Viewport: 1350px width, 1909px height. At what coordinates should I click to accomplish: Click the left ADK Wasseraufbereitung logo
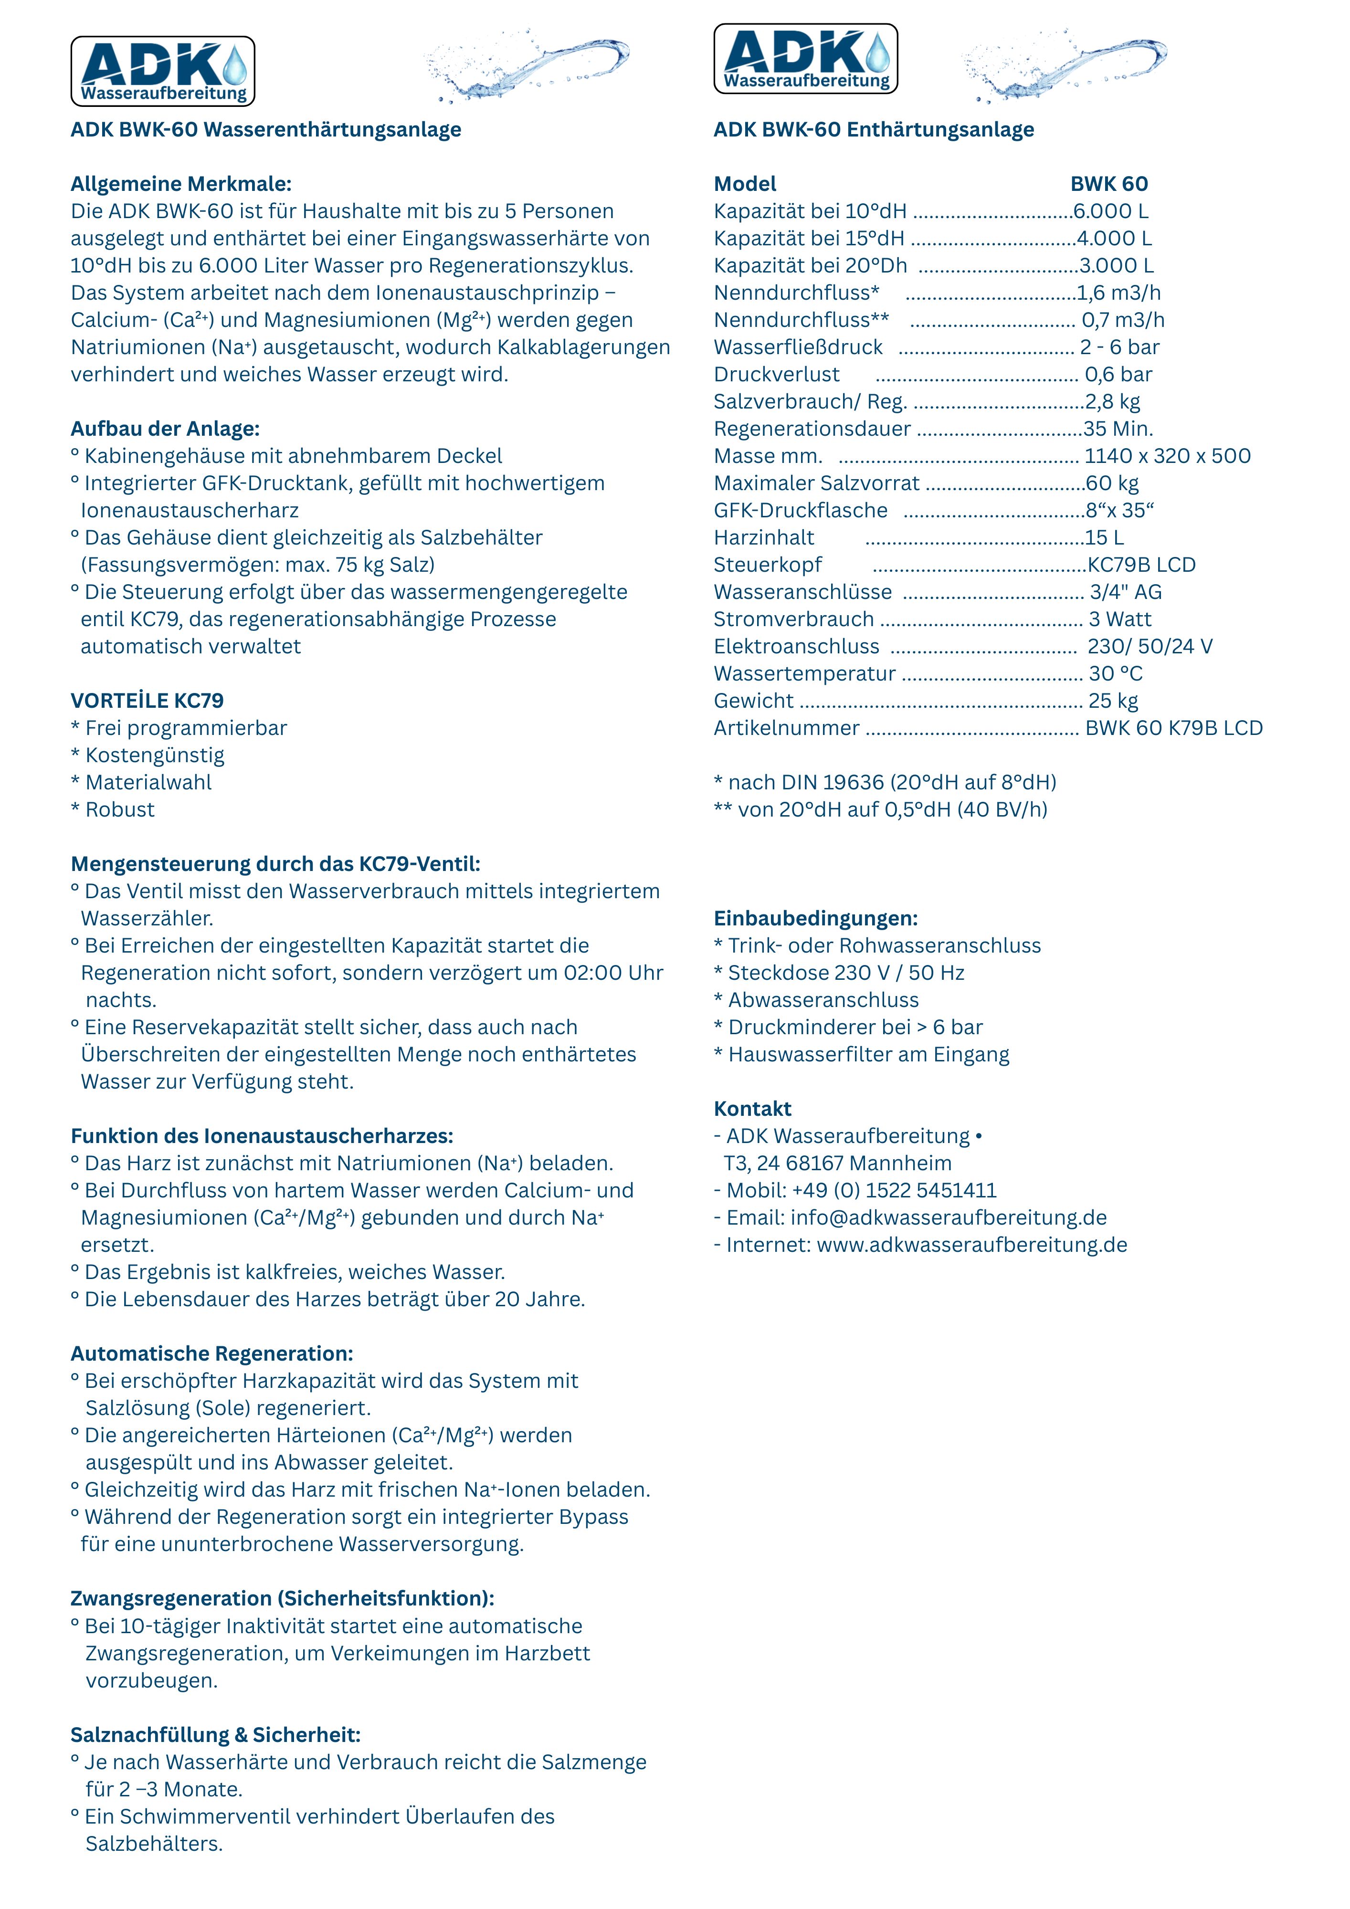click(163, 72)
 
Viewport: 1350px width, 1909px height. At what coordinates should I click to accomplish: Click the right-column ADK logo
click(805, 58)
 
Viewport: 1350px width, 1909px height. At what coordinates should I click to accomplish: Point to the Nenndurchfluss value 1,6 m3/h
click(1119, 293)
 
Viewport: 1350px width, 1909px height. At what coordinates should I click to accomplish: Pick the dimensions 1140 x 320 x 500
click(1167, 456)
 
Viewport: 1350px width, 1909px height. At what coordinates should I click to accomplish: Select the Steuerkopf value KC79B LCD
click(1141, 565)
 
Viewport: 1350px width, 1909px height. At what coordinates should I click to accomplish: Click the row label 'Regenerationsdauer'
click(812, 429)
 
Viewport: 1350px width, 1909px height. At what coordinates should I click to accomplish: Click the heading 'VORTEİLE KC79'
click(147, 701)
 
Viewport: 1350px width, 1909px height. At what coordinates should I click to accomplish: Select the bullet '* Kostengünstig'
click(148, 755)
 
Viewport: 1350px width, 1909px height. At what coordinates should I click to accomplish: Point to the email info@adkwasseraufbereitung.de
click(948, 1218)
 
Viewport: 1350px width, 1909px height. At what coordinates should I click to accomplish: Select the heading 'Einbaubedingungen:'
click(815, 919)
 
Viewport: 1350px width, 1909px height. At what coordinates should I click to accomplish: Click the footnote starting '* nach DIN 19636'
click(885, 782)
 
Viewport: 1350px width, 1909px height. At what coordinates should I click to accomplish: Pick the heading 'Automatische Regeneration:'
click(211, 1353)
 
